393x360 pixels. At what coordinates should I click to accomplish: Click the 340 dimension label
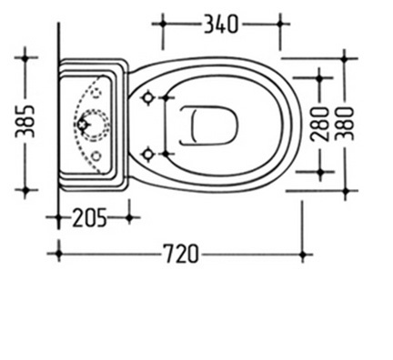point(221,25)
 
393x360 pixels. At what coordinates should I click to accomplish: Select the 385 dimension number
point(25,121)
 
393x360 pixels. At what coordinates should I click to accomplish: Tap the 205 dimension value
point(89,217)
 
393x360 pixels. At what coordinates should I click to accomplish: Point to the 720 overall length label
point(181,254)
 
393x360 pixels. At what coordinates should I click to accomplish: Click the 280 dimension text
point(320,125)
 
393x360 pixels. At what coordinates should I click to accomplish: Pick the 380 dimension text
point(346,124)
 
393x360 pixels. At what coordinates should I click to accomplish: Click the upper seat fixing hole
point(147,97)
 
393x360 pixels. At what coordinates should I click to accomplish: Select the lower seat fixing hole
point(148,155)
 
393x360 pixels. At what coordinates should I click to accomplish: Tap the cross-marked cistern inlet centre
point(82,125)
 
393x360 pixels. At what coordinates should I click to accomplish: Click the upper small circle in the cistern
point(97,93)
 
